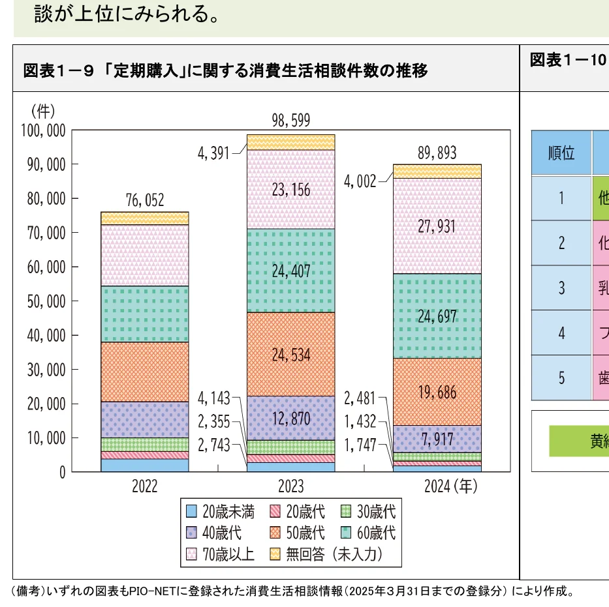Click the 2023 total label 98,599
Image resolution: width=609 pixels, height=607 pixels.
click(x=291, y=120)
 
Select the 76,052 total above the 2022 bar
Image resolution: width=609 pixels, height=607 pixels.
click(x=144, y=200)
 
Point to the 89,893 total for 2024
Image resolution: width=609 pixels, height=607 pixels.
click(x=437, y=153)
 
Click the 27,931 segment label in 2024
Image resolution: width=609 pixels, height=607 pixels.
click(x=437, y=227)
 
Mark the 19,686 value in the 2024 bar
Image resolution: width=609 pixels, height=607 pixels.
click(x=437, y=392)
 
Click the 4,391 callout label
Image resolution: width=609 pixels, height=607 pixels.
click(x=213, y=154)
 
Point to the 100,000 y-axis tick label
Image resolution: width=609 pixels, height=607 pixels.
click(x=44, y=130)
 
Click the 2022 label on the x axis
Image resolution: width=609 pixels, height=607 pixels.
click(x=144, y=487)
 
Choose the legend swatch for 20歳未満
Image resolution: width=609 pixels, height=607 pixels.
click(x=191, y=511)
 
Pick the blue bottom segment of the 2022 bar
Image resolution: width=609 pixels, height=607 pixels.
click(x=144, y=465)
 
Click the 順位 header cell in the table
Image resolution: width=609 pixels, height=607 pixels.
click(x=561, y=153)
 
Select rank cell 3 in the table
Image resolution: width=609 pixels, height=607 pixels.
click(x=561, y=288)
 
